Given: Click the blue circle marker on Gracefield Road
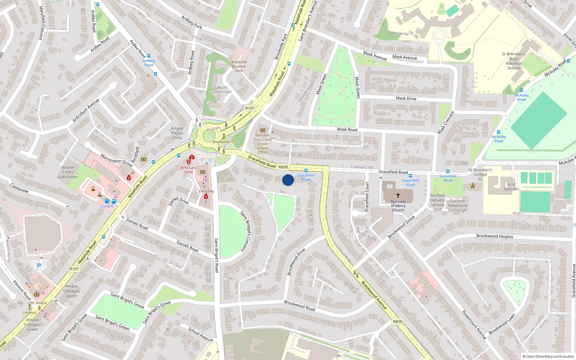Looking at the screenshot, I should click(288, 180).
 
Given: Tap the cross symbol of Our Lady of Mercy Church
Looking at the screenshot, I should click(398, 195).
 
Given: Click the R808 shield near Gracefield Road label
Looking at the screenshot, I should click(283, 167).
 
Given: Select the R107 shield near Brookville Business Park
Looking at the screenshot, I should click(250, 108).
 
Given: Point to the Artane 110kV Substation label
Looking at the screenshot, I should click(68, 172).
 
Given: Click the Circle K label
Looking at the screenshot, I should click(107, 206).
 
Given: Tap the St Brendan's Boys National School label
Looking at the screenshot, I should click(514, 61).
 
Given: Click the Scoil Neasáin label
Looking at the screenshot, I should click(511, 186).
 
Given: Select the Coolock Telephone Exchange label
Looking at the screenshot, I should click(457, 206).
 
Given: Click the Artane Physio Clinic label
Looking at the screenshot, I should click(177, 133).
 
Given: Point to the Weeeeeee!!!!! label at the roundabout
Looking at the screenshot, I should click(224, 142).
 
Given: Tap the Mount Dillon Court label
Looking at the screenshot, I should click(222, 90).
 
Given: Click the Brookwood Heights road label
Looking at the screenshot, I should click(495, 236).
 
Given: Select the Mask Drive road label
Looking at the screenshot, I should click(406, 98).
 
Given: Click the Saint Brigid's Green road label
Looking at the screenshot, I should click(112, 322).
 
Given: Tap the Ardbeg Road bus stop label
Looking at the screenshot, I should click(149, 63).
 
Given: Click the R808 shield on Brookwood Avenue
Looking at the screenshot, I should click(397, 321).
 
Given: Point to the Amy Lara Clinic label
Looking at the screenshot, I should click(189, 170).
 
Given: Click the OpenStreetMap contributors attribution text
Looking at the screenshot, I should click(548, 356).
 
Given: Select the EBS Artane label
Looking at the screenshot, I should click(38, 303).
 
